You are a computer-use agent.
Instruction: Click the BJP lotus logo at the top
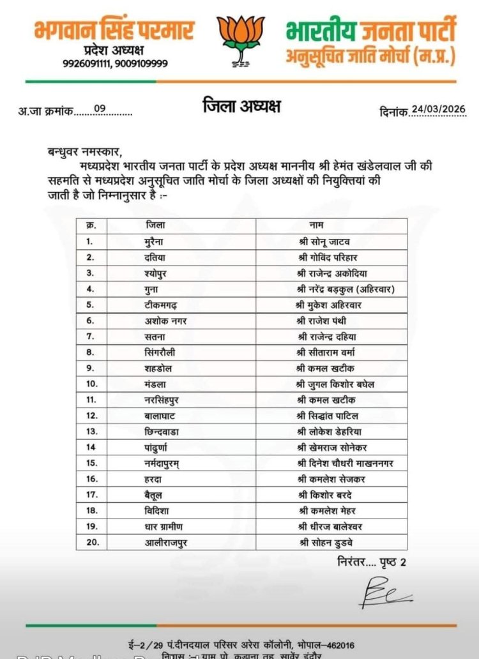[240, 42]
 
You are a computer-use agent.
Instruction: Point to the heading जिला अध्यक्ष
[241, 106]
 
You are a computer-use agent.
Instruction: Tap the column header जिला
[154, 226]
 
